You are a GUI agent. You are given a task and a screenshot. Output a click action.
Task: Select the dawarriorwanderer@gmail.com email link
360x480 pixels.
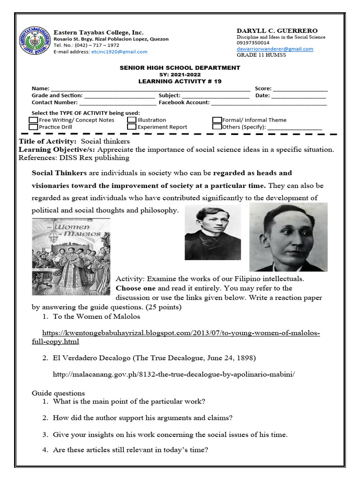click(275, 49)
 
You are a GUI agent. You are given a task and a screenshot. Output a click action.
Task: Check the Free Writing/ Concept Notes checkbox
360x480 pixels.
click(33, 120)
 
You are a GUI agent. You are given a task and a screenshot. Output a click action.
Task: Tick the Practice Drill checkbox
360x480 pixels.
click(33, 127)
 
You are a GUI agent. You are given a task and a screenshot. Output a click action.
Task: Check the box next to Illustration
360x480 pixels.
click(132, 120)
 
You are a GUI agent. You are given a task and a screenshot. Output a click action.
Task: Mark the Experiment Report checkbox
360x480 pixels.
click(132, 127)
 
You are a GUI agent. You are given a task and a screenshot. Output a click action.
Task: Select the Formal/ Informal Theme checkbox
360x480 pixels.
click(217, 120)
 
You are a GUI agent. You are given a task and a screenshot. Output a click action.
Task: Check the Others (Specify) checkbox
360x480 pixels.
click(217, 127)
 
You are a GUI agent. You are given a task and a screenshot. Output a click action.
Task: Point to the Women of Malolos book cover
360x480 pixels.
click(71, 257)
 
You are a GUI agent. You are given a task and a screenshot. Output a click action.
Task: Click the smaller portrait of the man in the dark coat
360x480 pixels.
click(212, 232)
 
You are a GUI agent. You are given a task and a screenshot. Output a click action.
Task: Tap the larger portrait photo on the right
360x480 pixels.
click(288, 237)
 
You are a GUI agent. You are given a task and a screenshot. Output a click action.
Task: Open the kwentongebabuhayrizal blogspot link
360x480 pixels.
click(180, 333)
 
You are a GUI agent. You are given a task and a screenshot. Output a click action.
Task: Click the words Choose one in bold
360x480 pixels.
click(135, 288)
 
